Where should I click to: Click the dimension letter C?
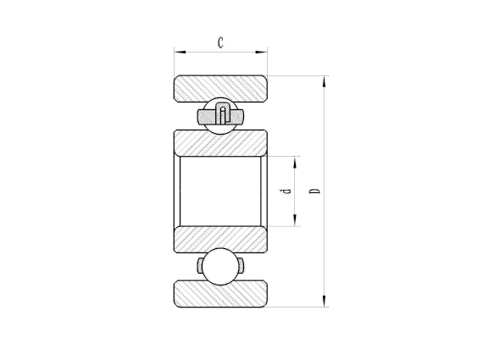220,42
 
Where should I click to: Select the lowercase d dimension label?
287,191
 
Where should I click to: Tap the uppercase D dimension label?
315,191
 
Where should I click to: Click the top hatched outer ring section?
221,88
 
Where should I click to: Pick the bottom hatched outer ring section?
221,294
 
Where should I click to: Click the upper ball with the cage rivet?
221,115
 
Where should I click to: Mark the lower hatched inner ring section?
221,241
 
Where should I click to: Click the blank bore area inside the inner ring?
221,191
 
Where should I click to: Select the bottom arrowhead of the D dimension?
325,302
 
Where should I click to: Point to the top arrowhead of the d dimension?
296,160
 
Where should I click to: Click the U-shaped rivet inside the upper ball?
221,112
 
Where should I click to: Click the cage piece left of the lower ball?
202,267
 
